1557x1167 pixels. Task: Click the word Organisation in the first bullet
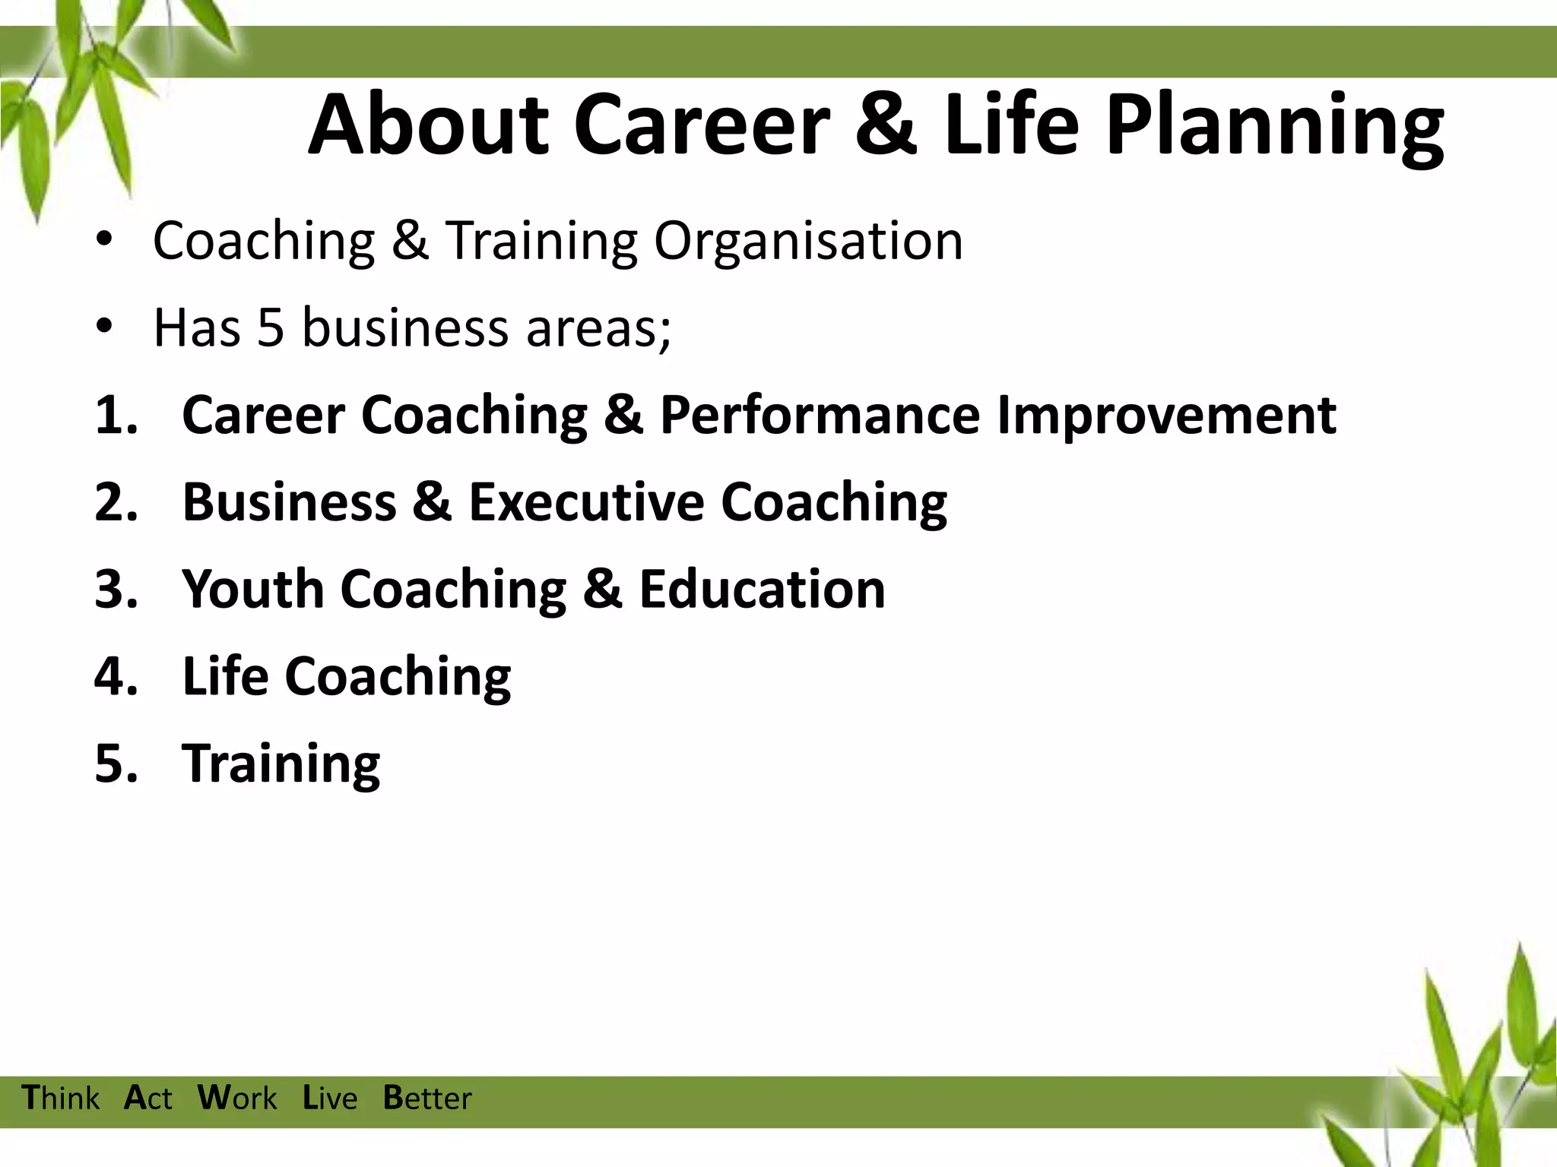coord(808,242)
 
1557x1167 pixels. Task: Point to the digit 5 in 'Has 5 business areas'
coord(270,328)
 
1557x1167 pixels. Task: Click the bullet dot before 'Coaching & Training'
coord(104,240)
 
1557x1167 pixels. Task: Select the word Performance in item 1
coord(820,416)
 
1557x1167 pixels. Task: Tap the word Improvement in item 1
coord(1166,416)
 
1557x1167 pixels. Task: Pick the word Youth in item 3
coord(253,589)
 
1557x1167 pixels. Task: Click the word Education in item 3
coord(762,589)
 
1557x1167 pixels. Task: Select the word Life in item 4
coord(225,675)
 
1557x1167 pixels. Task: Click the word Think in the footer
coord(61,1099)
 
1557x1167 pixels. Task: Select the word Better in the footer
coord(427,1099)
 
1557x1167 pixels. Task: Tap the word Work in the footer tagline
coord(237,1099)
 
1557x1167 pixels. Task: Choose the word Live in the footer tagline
coord(330,1099)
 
